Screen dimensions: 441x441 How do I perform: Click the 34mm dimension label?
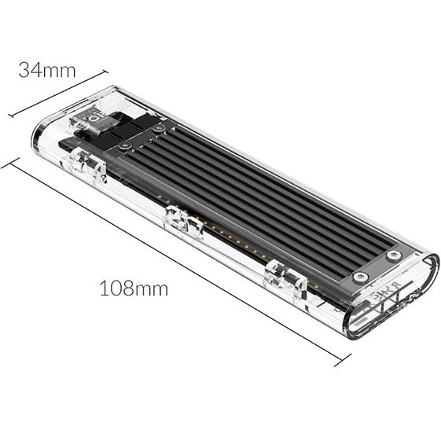(47, 70)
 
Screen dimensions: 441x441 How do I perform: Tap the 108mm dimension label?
(134, 288)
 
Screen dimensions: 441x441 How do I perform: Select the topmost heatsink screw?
(159, 128)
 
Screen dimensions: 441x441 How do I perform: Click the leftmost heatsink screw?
(124, 145)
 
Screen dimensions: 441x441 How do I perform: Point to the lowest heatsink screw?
(360, 277)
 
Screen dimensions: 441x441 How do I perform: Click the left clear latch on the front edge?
(88, 165)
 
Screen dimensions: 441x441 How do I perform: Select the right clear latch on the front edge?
(286, 277)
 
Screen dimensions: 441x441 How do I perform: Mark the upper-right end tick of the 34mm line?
(105, 72)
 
